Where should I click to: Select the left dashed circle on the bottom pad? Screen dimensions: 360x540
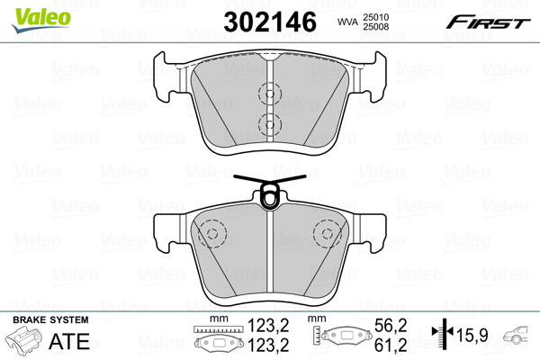click(211, 234)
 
